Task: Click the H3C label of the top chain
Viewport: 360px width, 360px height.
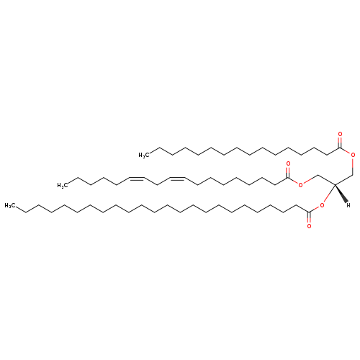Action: click(144, 156)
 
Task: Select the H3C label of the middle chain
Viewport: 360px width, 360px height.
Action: click(62, 185)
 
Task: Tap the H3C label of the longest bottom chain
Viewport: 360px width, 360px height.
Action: click(9, 205)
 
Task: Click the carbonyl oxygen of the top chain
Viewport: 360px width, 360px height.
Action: click(340, 134)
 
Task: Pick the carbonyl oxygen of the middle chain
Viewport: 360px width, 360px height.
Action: click(288, 164)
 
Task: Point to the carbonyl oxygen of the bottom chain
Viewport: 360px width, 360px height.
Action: click(309, 226)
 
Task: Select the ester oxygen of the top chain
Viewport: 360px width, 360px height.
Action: click(353, 155)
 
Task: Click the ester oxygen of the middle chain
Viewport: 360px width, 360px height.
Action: click(300, 185)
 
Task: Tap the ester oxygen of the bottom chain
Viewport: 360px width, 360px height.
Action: click(322, 205)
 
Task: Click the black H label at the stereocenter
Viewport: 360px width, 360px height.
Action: click(348, 205)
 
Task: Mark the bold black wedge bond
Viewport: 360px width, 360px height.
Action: click(341, 194)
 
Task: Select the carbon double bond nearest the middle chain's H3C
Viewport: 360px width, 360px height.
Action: click(137, 179)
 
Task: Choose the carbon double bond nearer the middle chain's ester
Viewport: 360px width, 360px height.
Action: click(177, 179)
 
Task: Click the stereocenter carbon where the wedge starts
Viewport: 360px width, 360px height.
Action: click(335, 184)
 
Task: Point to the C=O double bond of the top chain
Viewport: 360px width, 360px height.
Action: click(340, 143)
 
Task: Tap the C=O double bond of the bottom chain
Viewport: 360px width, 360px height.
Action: click(309, 217)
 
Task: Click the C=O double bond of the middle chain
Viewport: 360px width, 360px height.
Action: click(288, 173)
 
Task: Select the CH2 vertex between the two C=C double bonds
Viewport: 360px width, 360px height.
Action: click(157, 185)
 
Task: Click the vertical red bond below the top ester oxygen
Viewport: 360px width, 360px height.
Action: click(353, 166)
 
